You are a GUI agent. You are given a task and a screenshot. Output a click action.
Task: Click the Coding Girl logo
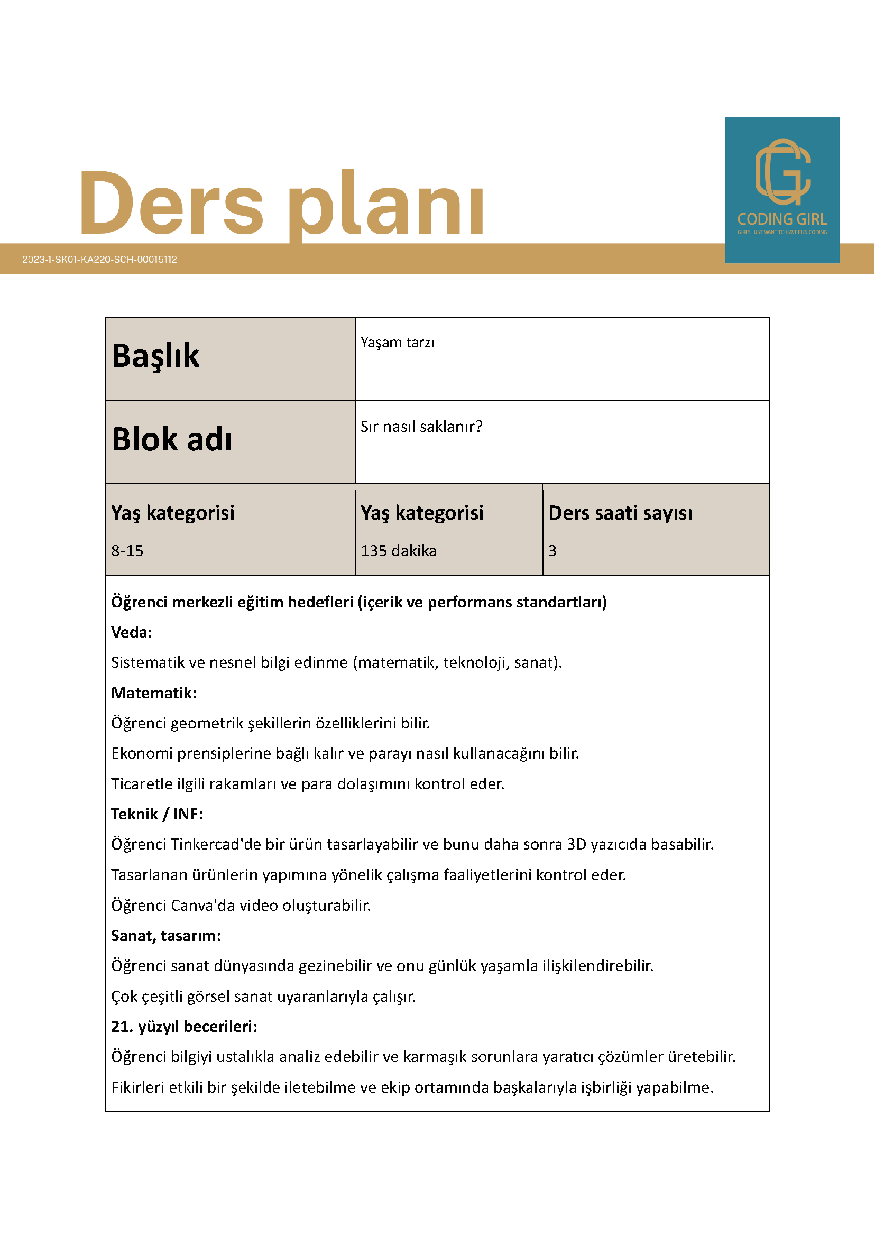pos(782,190)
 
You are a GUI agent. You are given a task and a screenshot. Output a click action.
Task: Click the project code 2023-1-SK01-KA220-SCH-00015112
pos(100,259)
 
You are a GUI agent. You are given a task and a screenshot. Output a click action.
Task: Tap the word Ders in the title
pos(171,203)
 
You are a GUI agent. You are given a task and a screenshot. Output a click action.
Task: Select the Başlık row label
pos(156,356)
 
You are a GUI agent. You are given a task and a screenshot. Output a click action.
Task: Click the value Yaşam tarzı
pos(397,343)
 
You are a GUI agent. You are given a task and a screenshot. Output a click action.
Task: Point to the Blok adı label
pos(172,439)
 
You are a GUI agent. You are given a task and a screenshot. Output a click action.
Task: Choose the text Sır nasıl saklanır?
pos(421,427)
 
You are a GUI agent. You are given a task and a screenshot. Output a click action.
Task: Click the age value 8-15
pos(127,551)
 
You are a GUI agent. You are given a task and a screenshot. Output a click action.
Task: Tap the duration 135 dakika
pos(398,551)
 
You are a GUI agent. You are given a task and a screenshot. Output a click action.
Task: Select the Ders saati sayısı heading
pos(620,513)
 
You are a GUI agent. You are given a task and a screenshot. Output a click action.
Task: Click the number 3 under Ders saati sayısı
pos(552,551)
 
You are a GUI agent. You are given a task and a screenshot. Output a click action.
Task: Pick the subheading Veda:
pos(132,632)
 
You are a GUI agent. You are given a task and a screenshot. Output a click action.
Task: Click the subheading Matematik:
pos(153,693)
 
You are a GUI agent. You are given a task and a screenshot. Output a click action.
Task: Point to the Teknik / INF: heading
pos(157,814)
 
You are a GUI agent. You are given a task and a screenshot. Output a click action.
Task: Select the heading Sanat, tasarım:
pos(166,936)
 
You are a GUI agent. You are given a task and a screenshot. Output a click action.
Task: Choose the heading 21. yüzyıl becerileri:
pos(185,1027)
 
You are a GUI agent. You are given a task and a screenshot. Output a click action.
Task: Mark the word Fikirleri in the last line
pos(137,1087)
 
